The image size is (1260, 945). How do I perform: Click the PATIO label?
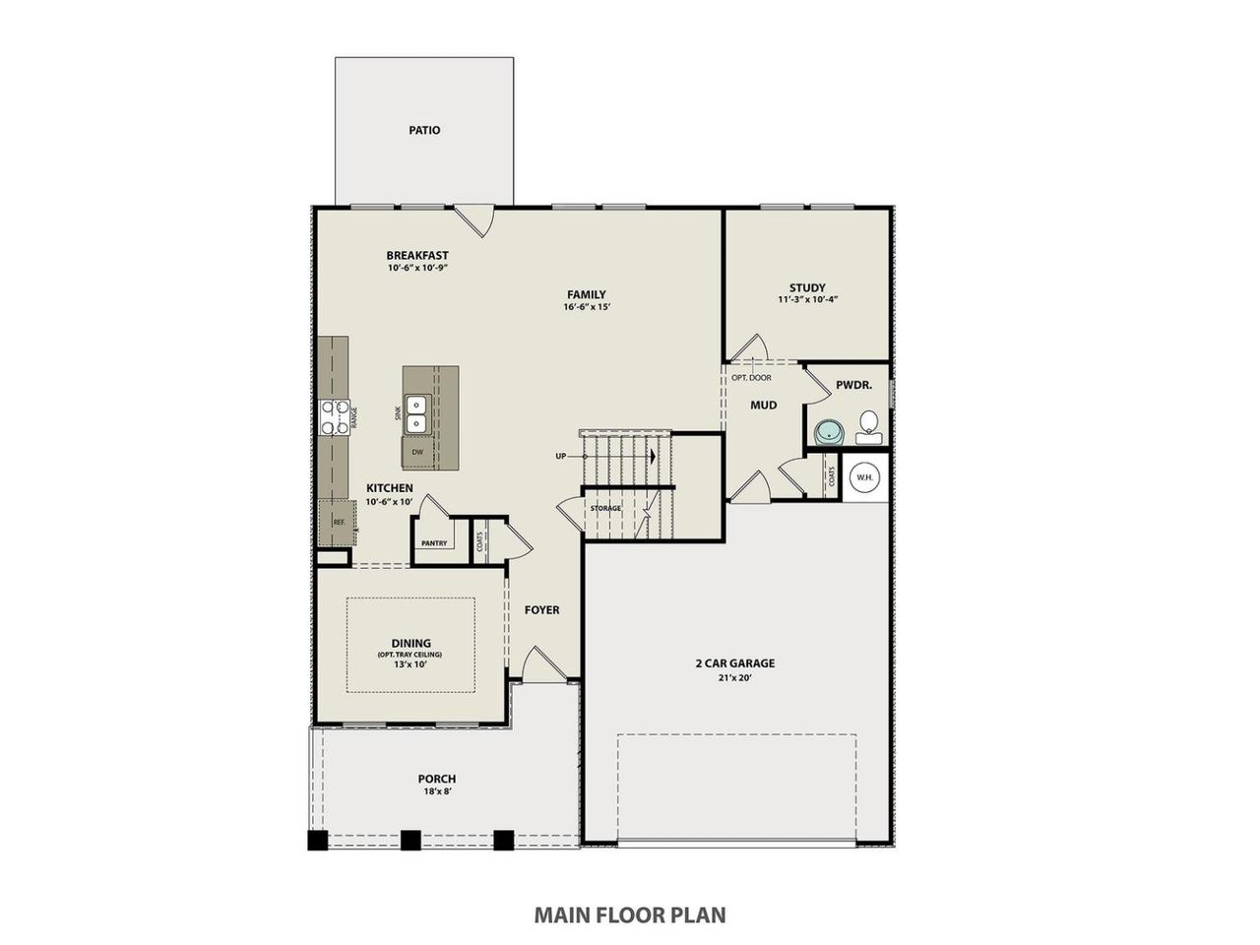(424, 130)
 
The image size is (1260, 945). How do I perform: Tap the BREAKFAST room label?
(417, 256)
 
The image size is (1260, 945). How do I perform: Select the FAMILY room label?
(586, 294)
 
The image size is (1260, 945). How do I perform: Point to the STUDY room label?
(807, 287)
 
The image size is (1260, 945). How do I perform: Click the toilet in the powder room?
(867, 425)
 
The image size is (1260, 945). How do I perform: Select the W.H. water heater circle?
(864, 478)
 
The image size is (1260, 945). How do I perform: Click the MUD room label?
(764, 405)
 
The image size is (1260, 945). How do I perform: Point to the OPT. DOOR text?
(751, 378)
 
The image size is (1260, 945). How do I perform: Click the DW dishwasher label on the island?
(417, 452)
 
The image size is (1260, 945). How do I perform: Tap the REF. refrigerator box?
(337, 522)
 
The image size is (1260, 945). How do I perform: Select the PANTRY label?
(434, 543)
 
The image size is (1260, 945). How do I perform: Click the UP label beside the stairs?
(561, 456)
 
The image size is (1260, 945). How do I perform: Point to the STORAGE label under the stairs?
(605, 508)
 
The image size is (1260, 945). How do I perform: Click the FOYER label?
(541, 610)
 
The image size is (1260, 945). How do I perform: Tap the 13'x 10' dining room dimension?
(411, 663)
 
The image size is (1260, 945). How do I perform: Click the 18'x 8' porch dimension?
(437, 790)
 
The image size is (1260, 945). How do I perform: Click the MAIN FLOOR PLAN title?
(630, 914)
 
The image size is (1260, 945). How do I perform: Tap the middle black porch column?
(410, 840)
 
